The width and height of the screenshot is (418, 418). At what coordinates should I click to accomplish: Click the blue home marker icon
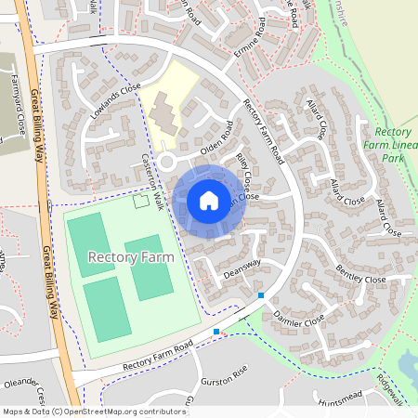209,200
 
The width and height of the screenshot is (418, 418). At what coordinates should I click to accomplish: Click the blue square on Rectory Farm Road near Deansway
261,295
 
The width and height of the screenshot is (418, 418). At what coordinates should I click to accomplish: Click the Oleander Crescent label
22,384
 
